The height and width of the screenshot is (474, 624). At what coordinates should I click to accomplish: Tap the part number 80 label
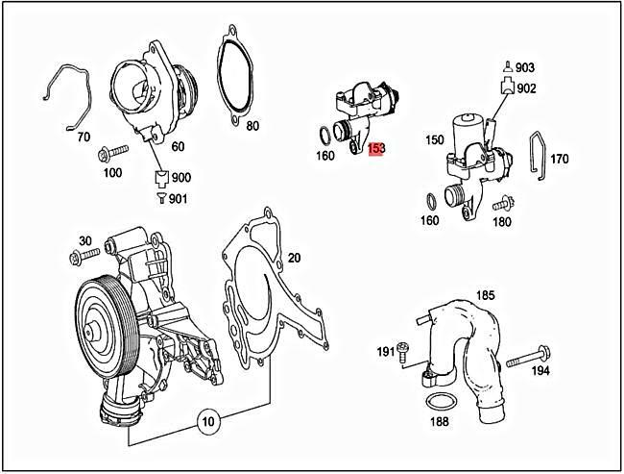click(x=252, y=126)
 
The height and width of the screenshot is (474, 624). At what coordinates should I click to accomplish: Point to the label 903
click(x=525, y=68)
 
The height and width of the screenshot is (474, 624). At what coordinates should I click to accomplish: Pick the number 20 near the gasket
click(x=294, y=257)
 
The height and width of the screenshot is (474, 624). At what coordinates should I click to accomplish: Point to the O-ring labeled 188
click(x=439, y=401)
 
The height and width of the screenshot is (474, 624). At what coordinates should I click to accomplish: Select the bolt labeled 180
click(x=499, y=204)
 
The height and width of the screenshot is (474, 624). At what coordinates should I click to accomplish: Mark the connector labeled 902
click(x=504, y=87)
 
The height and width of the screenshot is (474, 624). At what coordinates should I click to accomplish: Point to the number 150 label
click(x=435, y=140)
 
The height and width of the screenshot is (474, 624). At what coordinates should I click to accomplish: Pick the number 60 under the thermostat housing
click(x=178, y=146)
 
